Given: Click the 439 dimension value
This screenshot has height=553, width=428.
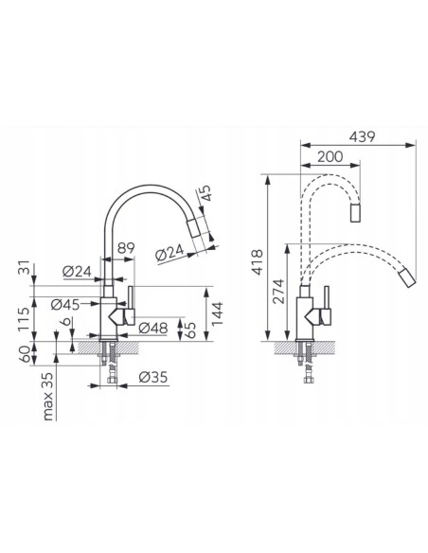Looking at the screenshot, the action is [362, 136].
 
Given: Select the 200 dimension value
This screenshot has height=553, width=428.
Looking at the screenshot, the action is [330, 156].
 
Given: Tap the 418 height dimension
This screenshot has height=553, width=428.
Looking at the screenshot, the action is [258, 262].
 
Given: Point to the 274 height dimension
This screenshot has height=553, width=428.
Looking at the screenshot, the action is [278, 292].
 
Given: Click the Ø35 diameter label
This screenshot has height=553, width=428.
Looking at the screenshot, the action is [152, 377].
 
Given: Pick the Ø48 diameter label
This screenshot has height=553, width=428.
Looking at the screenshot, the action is [152, 328].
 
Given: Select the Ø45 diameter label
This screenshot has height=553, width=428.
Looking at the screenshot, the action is [65, 304].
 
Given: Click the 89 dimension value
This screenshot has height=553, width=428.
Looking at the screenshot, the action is [126, 248].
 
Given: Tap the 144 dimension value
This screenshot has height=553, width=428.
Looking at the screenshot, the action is [218, 313].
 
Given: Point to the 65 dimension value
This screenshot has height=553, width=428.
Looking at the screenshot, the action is [190, 330].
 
